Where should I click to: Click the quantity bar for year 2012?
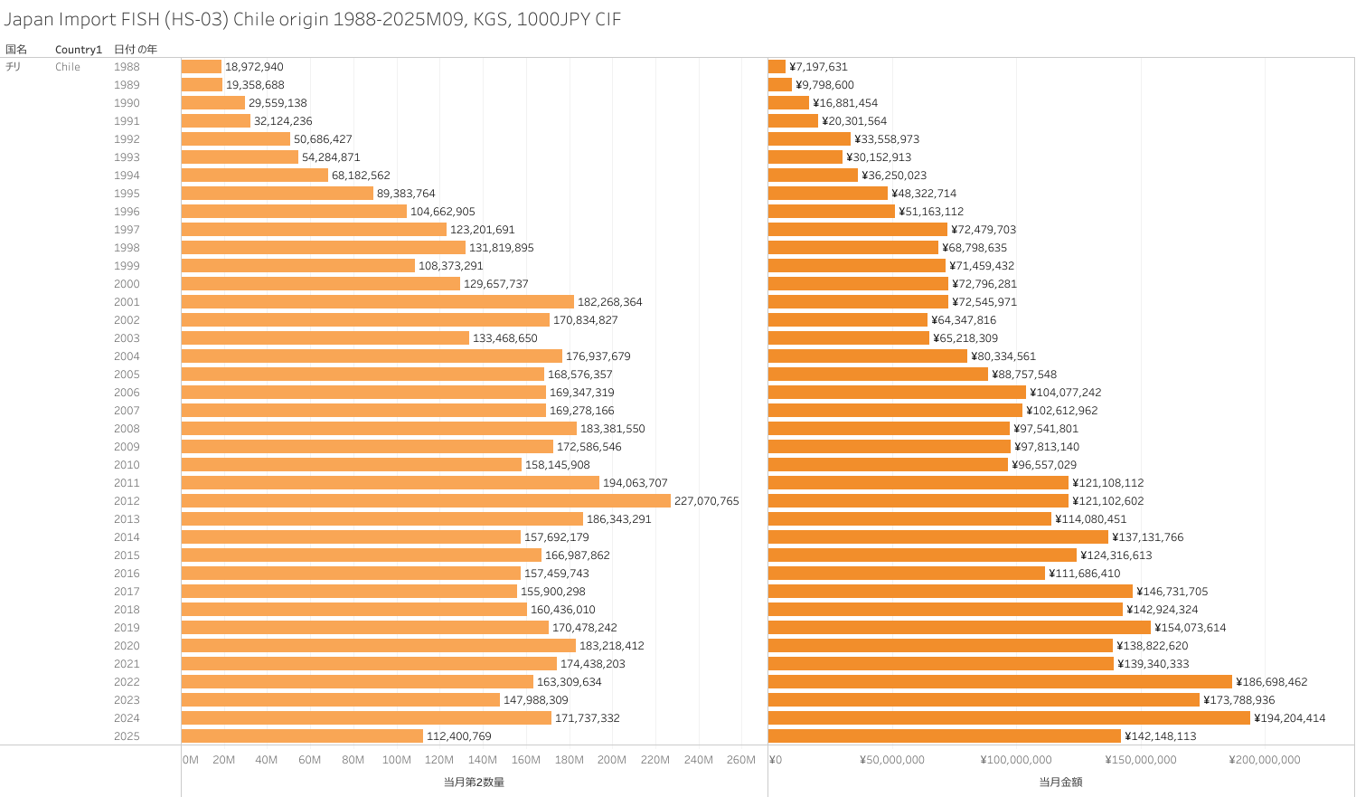click(x=426, y=501)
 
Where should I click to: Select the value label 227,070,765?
click(x=706, y=501)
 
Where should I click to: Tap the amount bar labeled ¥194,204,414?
click(x=1009, y=718)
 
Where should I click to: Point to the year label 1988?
click(x=127, y=67)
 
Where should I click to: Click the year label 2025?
click(x=127, y=736)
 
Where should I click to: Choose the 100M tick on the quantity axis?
click(x=396, y=760)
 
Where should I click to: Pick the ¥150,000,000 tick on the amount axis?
click(x=1141, y=760)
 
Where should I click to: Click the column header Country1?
click(x=79, y=50)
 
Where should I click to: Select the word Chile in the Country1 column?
click(x=68, y=67)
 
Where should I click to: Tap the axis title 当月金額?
click(x=1060, y=782)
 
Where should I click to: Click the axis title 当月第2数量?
click(x=474, y=782)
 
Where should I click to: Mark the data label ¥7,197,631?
click(x=818, y=67)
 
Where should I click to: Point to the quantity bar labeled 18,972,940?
click(x=202, y=67)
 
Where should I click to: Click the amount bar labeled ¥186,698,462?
click(x=1000, y=682)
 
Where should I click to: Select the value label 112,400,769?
click(x=459, y=736)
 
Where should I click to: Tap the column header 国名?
click(x=16, y=50)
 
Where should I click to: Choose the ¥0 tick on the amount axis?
click(x=775, y=760)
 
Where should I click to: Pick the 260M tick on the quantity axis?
click(x=740, y=760)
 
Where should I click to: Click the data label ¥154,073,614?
click(x=1190, y=628)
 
